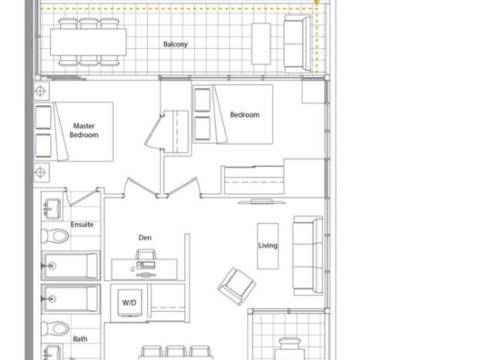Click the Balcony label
[x=175, y=44]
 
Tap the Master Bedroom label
[x=84, y=131]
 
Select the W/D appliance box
[x=129, y=302]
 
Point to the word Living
[x=268, y=246]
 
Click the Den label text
[x=145, y=237]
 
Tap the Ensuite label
[x=82, y=224]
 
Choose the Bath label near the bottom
[x=80, y=339]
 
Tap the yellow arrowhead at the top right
[x=318, y=4]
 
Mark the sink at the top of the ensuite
[x=53, y=206]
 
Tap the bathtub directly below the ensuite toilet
[x=71, y=266]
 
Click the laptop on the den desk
[x=145, y=263]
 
